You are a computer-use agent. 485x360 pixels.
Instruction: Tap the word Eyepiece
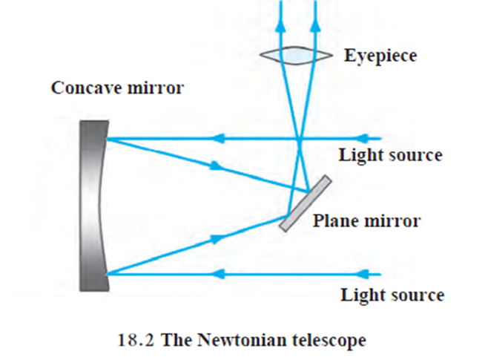coord(380,55)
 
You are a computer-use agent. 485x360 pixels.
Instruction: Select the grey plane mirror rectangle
coord(305,202)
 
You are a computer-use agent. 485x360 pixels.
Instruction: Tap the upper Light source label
coord(391,155)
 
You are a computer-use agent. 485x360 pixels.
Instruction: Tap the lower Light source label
coord(392,295)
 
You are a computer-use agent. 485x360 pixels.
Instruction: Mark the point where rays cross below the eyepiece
coord(298,138)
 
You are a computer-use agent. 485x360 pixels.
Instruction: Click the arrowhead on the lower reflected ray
coord(217,238)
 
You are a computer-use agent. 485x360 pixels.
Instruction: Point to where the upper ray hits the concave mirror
coord(109,138)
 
